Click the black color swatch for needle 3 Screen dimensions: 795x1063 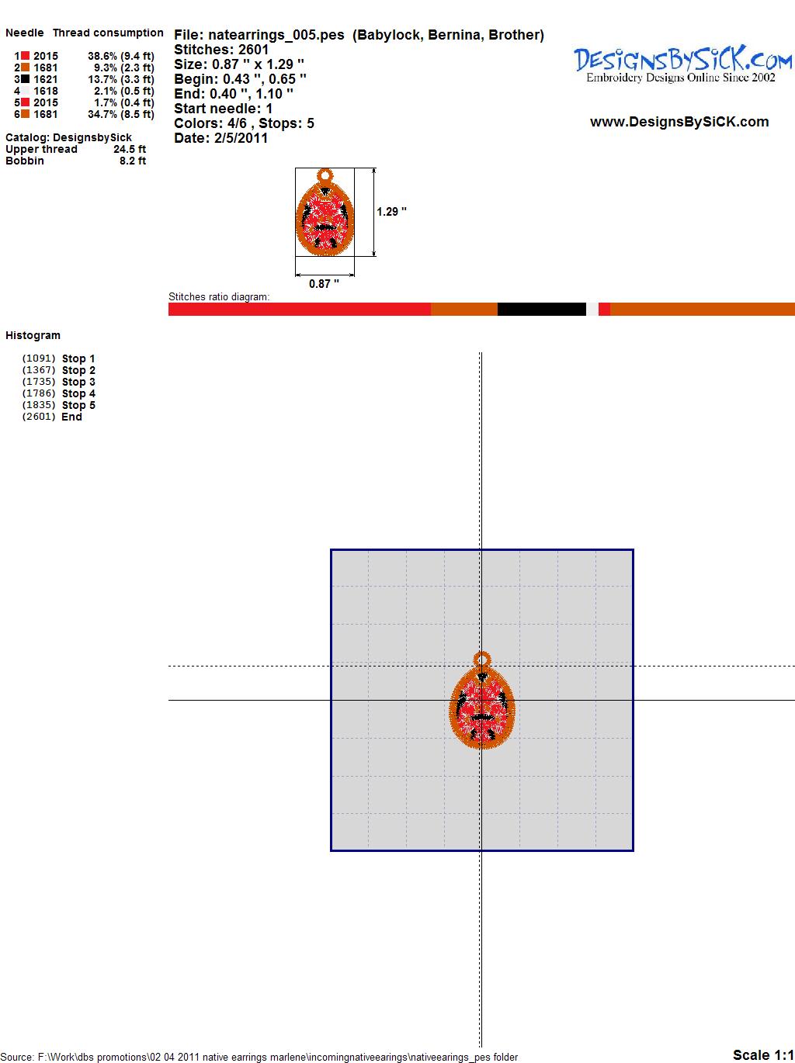pyautogui.click(x=25, y=79)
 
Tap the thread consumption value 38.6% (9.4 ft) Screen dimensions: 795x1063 pyautogui.click(x=120, y=56)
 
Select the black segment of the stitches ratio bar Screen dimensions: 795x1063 pyautogui.click(x=542, y=309)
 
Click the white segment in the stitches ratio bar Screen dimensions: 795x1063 pyautogui.click(x=592, y=309)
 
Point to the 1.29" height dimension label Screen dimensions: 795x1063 pyautogui.click(x=391, y=212)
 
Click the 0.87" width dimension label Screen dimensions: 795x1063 pyautogui.click(x=324, y=284)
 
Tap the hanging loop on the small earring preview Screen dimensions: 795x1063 pyautogui.click(x=325, y=175)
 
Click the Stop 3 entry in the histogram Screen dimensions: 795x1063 pyautogui.click(x=78, y=382)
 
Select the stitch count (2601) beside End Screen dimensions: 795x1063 pyautogui.click(x=39, y=417)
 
